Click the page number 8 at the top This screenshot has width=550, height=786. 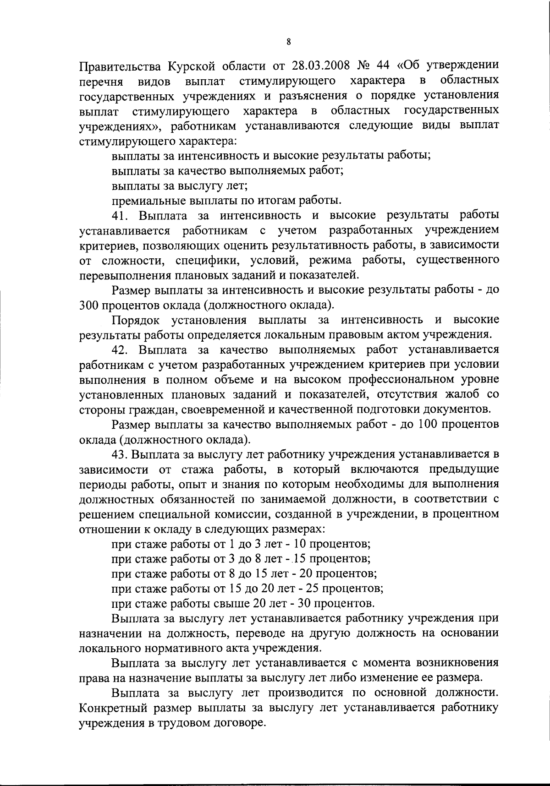pos(288,42)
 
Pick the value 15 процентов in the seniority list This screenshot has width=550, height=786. pos(301,558)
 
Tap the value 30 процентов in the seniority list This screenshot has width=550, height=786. pos(305,602)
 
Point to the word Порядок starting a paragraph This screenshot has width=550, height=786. pos(136,320)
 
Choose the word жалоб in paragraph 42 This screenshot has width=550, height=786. pos(461,394)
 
